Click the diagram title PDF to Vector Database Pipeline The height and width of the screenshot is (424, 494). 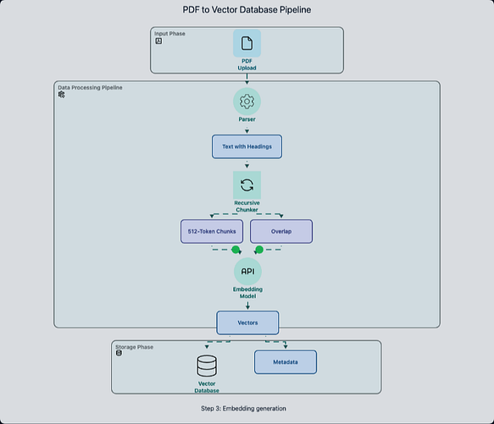tap(247, 10)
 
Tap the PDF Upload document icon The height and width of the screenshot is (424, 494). tap(247, 43)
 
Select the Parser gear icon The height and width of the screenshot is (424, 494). tap(247, 102)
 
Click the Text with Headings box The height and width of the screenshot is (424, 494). tap(247, 146)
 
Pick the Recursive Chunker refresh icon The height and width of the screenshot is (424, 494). tap(247, 185)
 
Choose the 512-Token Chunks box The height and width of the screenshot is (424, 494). tap(212, 231)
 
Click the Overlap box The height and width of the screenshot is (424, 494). tap(281, 231)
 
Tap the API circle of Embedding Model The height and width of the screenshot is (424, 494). tap(247, 272)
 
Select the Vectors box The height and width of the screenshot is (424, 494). tap(247, 322)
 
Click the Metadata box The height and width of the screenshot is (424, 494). tap(286, 362)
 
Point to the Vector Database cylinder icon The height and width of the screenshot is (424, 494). tap(207, 366)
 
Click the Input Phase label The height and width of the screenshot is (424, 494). tap(169, 34)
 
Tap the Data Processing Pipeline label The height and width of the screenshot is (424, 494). tap(90, 87)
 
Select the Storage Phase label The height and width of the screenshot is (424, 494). tap(134, 347)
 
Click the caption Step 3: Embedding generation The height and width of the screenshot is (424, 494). tap(243, 409)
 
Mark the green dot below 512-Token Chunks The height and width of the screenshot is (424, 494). tap(236, 250)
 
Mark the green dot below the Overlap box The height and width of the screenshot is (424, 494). tap(259, 250)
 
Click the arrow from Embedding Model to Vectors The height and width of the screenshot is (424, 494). tap(247, 306)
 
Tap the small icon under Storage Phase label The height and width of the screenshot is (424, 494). tap(119, 353)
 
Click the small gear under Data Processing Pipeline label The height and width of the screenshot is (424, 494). tap(62, 95)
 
